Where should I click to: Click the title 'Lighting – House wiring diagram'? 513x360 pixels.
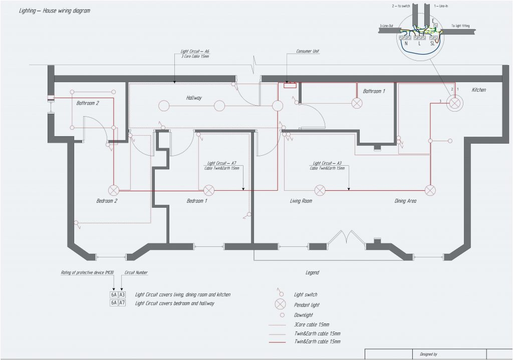pos(55,11)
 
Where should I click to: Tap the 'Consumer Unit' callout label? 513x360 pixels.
pos(308,51)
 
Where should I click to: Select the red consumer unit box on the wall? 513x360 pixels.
pos(290,85)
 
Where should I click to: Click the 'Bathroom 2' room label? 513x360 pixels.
pos(88,103)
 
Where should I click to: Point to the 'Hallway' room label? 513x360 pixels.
pos(194,98)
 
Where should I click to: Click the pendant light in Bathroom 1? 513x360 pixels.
pos(357,103)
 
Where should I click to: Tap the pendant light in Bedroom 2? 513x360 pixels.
pos(114,190)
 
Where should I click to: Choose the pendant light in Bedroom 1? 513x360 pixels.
pos(208,190)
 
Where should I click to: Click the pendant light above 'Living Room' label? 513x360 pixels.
pos(320,190)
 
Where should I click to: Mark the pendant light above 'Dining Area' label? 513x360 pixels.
pos(430,190)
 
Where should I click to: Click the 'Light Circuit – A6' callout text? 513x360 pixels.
pos(195,52)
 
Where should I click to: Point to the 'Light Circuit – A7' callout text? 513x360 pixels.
pos(222,163)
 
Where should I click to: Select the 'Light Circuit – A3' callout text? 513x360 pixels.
pos(327,163)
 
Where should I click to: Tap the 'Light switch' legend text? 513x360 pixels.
pos(305,294)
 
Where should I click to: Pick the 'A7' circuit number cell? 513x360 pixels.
pos(122,303)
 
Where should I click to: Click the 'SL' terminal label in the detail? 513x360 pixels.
pos(432,44)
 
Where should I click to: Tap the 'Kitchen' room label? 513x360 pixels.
pos(479,90)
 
